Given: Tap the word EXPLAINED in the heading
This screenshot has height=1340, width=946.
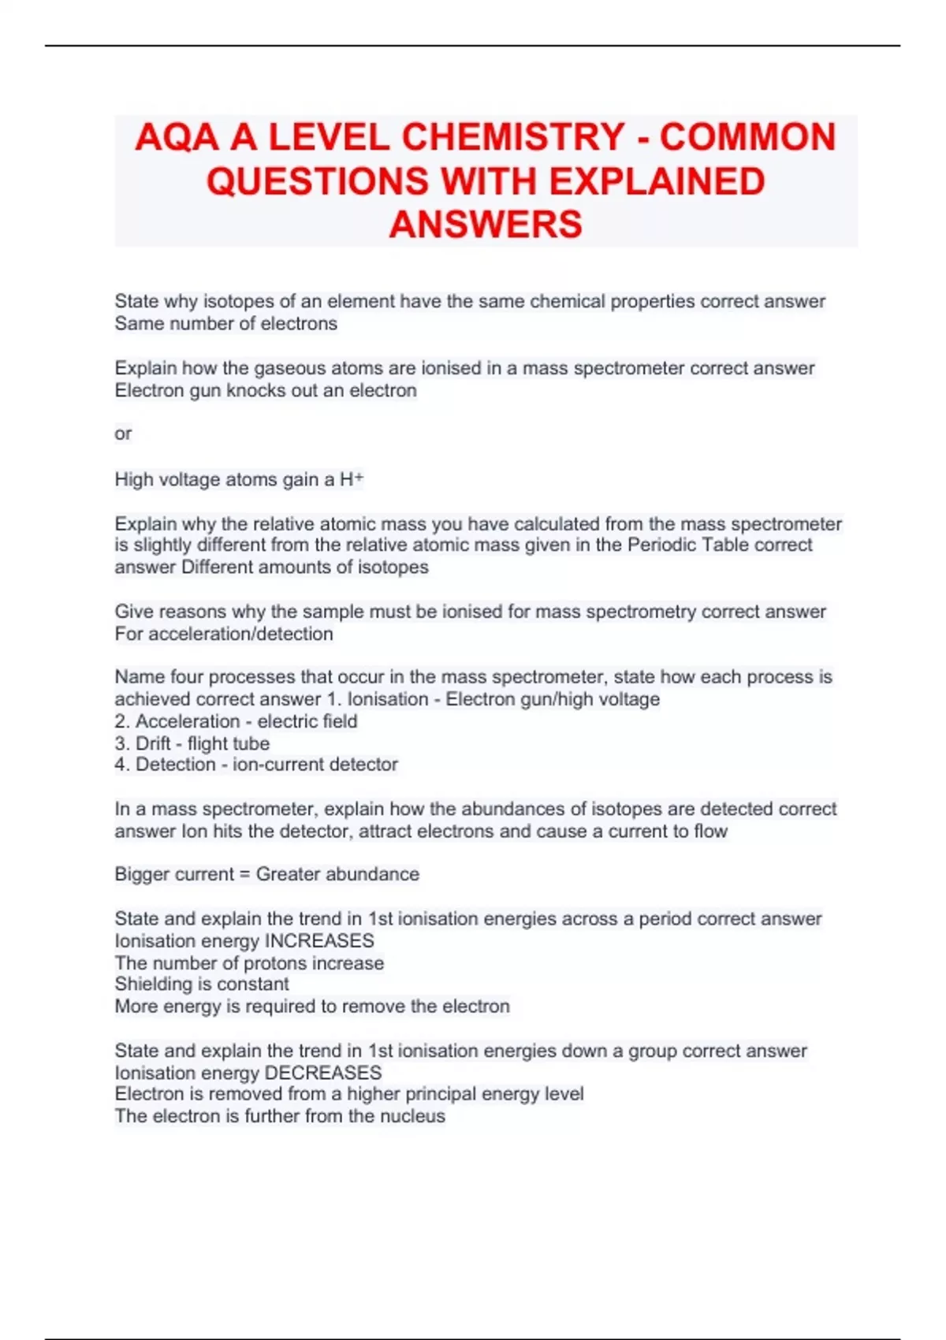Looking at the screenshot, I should pos(657,181).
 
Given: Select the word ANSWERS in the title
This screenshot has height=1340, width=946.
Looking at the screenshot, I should pos(486,225).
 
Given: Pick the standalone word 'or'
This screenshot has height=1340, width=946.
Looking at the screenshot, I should pos(123,434).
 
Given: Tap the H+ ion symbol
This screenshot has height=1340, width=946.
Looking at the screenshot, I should pos(351,479).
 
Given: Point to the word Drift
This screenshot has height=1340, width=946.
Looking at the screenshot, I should pos(153,743).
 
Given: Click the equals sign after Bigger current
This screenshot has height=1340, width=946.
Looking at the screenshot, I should pos(244,874).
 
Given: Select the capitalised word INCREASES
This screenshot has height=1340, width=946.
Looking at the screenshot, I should pos(319,940).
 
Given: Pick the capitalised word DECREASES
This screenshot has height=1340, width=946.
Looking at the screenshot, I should pos(323,1073).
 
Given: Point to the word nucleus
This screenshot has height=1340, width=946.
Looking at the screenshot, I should pos(412,1116).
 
